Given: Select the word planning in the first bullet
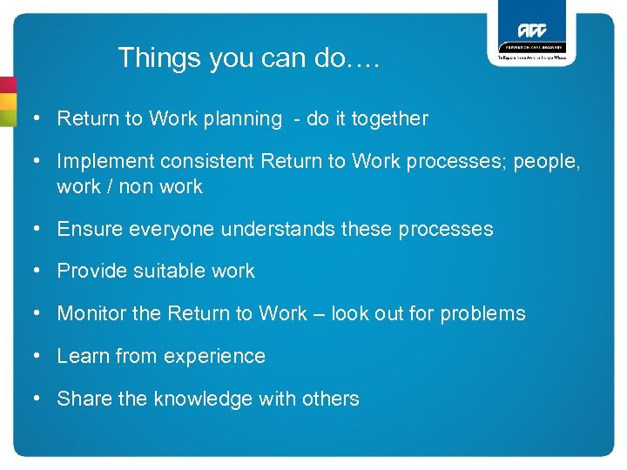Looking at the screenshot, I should (243, 119).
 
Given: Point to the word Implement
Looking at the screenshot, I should (99, 162).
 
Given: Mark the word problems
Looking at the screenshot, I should (482, 314).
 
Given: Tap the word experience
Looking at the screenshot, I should (212, 357).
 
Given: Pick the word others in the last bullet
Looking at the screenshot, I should (331, 399).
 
